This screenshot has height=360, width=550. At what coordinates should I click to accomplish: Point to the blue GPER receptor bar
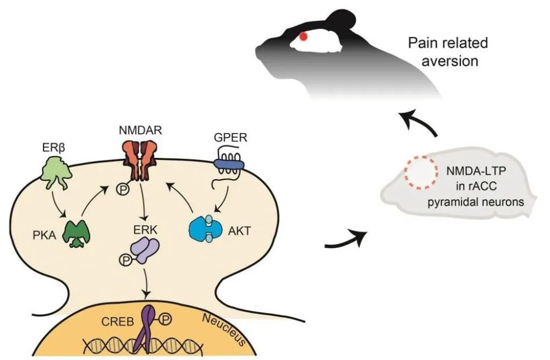point(228,164)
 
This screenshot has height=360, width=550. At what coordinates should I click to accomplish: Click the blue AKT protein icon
point(206,229)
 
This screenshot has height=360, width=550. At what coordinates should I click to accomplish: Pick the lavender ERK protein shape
point(145,250)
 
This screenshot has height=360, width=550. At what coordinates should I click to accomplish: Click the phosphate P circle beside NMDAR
point(123,190)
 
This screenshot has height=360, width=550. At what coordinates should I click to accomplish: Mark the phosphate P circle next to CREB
point(166,319)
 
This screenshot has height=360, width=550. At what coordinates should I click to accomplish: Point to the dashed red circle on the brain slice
point(421,173)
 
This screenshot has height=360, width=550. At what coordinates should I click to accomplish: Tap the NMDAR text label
point(140,130)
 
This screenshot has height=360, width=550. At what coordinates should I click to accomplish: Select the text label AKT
point(240,231)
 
